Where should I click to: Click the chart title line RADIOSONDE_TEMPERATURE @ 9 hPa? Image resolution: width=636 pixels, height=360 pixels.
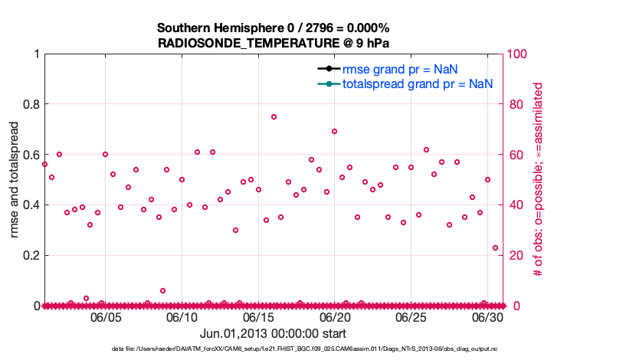coord(274,42)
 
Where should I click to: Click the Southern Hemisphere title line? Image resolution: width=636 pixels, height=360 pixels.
coord(274,28)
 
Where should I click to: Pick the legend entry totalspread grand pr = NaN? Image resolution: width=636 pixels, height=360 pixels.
coord(417,83)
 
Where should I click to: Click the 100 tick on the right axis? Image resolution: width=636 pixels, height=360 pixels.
coord(518,54)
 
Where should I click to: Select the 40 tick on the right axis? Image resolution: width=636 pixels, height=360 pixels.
coord(515,205)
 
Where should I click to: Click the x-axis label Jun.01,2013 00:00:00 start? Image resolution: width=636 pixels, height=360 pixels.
coord(273,334)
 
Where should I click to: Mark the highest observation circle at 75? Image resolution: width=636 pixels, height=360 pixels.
coord(274,116)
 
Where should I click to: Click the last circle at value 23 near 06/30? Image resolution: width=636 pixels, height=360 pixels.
coord(495,247)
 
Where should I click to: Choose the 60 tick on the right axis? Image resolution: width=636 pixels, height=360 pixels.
coord(515,155)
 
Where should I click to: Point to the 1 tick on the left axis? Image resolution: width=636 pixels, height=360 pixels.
coord(36,54)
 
